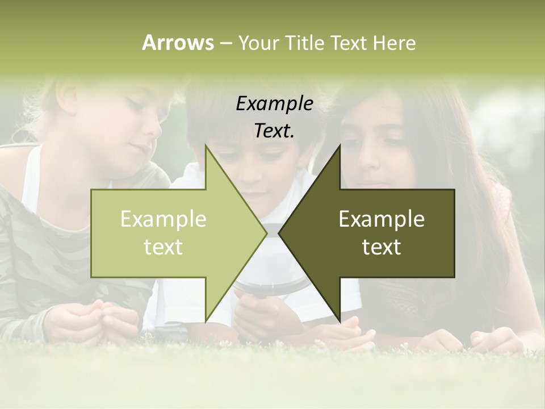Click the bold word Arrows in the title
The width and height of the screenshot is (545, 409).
pos(178,43)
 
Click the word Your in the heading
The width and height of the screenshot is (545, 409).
pos(259,43)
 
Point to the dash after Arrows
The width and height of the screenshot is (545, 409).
pos(225,44)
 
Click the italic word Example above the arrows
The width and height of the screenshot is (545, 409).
pos(275,103)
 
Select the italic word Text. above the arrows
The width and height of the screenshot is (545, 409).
pos(275,131)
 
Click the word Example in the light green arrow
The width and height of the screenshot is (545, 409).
pos(163,219)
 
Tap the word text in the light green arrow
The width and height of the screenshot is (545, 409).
pos(163,247)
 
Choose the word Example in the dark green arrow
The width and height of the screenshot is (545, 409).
pos(381,219)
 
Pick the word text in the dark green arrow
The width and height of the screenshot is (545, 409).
pos(381,247)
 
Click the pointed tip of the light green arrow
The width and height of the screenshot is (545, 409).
pos(266,233)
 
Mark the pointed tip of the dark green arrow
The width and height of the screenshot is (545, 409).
pos(279,233)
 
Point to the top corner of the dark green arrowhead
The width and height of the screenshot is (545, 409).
pos(340,145)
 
